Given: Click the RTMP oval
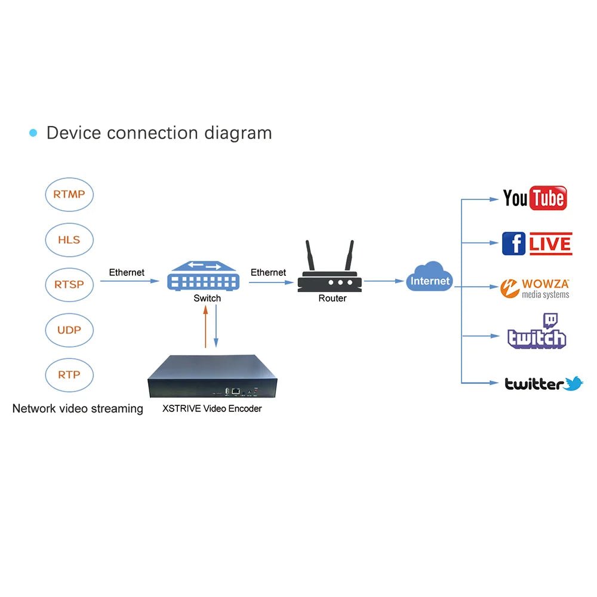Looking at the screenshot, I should click(x=69, y=195).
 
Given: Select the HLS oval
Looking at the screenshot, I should click(x=69, y=240).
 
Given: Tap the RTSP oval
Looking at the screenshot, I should click(x=69, y=285).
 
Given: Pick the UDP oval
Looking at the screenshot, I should click(x=69, y=330).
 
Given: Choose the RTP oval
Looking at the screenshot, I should click(x=69, y=375).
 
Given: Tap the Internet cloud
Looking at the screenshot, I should click(x=430, y=277).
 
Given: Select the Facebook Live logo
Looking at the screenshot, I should click(x=537, y=244).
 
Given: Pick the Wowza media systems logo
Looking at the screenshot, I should click(x=535, y=288).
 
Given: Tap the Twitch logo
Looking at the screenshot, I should click(x=536, y=332).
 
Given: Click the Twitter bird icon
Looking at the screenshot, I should click(x=574, y=383).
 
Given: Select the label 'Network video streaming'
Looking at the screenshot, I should click(x=78, y=409).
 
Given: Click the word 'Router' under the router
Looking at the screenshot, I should click(x=333, y=298).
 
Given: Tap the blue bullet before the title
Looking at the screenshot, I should click(x=33, y=133).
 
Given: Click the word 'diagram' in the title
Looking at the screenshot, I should click(x=238, y=133).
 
